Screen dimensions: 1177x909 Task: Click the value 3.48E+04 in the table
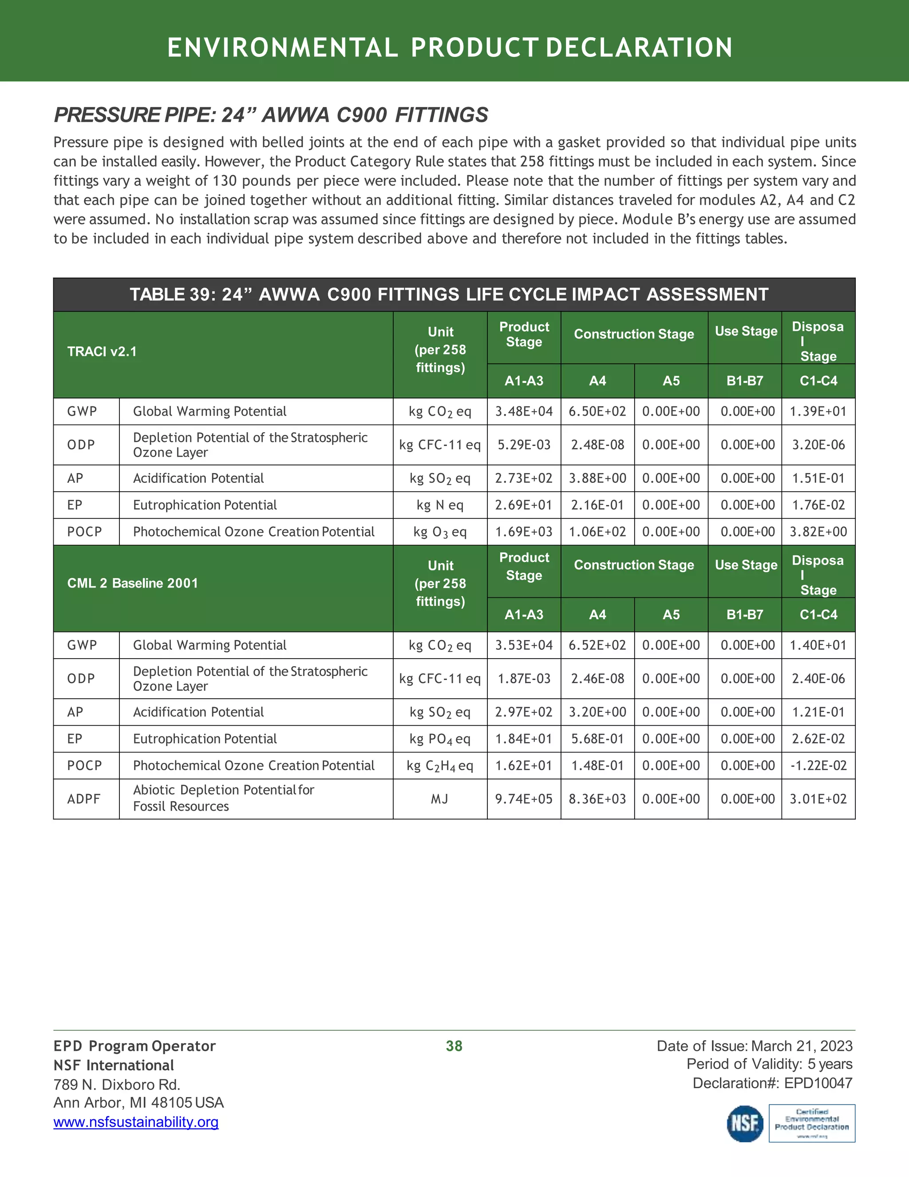pos(523,412)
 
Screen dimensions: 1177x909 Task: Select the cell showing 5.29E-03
pos(523,445)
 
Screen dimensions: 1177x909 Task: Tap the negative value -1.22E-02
pos(818,766)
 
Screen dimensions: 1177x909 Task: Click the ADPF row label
pos(83,799)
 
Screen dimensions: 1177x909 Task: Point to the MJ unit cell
pos(439,799)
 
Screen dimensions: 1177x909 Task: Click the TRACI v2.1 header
pos(102,352)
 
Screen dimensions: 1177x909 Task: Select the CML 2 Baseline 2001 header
pos(132,583)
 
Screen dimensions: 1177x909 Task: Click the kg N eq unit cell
pos(439,505)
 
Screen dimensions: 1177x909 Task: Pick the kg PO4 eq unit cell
pos(439,739)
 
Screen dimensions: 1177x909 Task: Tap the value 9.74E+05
pos(523,799)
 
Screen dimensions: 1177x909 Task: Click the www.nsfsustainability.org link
pos(136,1122)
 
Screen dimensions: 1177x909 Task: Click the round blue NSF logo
pos(745,1124)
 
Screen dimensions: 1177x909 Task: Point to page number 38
pos(454,1046)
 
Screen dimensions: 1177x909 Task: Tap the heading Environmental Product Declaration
pos(450,48)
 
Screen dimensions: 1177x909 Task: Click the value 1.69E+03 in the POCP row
pos(523,533)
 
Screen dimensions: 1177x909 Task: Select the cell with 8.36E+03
pos(597,799)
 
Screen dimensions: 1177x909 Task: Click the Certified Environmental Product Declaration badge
pos(811,1124)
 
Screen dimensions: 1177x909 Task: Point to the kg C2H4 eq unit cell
pos(439,766)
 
